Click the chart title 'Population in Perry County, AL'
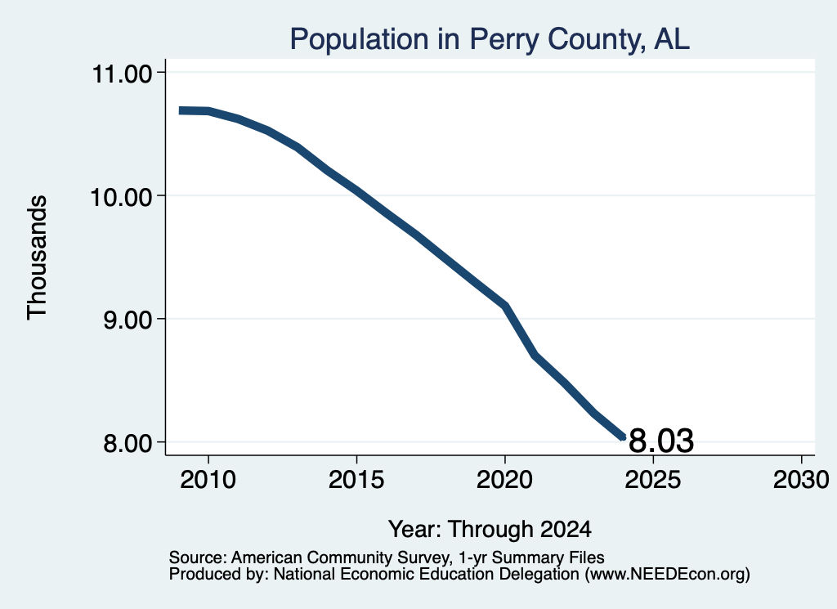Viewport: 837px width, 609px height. pos(490,39)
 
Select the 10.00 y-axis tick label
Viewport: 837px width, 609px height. pos(123,197)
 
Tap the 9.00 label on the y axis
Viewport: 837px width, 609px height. pos(128,320)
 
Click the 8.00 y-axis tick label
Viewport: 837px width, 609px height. pos(128,444)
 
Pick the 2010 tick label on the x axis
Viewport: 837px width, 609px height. pos(208,479)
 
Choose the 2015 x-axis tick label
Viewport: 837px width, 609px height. pos(356,479)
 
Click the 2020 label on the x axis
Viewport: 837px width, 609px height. pos(504,479)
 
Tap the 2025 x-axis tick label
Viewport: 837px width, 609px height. pos(653,479)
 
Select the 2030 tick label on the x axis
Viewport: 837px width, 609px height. pos(801,479)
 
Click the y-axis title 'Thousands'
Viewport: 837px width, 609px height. pos(38,257)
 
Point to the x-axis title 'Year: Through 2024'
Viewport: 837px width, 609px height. pos(490,530)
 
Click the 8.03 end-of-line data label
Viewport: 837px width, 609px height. pos(661,441)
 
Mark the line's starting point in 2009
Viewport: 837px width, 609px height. pos(181,110)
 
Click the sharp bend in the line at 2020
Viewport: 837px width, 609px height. pos(505,306)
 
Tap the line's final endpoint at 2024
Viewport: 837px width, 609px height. pos(623,437)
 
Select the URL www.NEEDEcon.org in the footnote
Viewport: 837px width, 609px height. pos(668,574)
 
